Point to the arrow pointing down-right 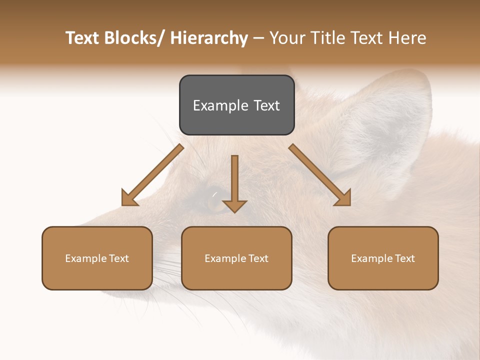320,175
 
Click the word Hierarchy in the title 209,38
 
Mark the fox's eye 214,199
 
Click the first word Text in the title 82,38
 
